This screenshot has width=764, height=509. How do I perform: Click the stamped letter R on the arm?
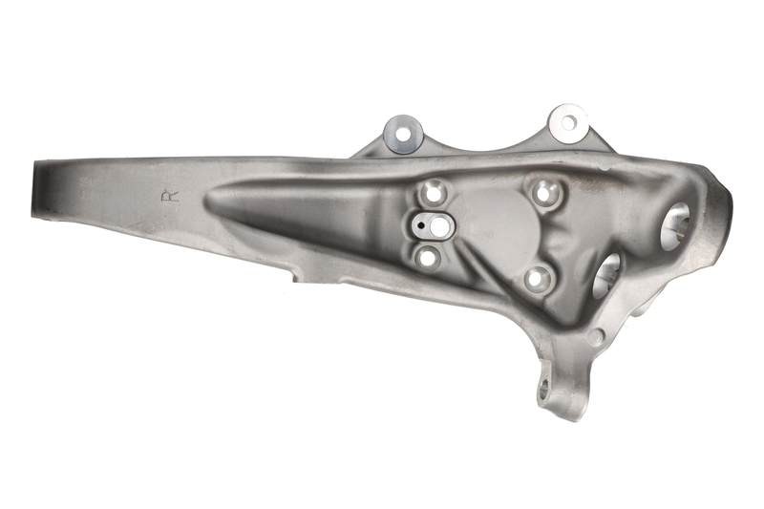pyautogui.click(x=170, y=197)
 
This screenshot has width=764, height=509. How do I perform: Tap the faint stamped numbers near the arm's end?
pyautogui.click(x=89, y=188)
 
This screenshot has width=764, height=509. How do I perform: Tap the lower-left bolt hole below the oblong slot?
pyautogui.click(x=428, y=257)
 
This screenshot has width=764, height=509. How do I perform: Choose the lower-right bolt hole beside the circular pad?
pyautogui.click(x=537, y=279)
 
